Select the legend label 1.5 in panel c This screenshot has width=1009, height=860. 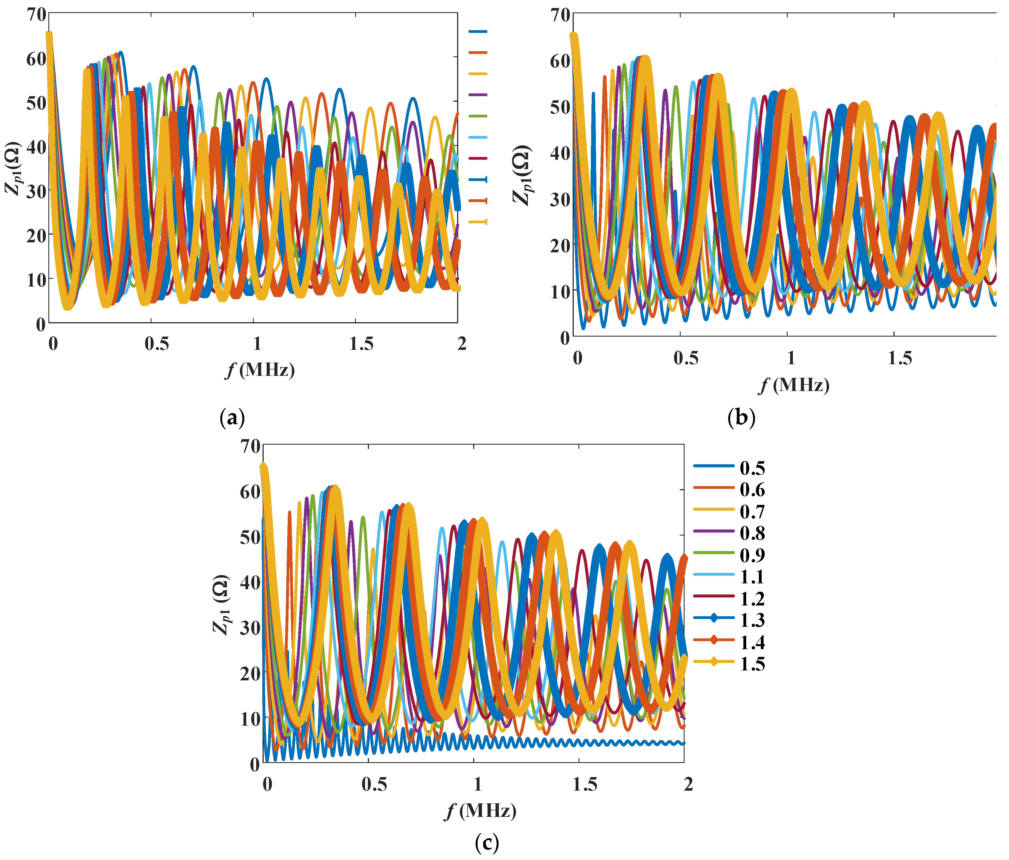[x=752, y=664]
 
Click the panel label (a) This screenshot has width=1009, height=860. [x=232, y=418]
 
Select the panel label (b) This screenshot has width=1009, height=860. [x=741, y=418]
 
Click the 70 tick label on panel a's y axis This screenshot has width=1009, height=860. [x=36, y=15]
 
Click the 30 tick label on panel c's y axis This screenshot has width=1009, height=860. [x=250, y=628]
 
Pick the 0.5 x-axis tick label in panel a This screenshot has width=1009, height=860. [x=157, y=344]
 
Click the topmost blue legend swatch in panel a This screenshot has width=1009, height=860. [x=478, y=32]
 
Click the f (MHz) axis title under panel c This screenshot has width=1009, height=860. [x=481, y=811]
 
